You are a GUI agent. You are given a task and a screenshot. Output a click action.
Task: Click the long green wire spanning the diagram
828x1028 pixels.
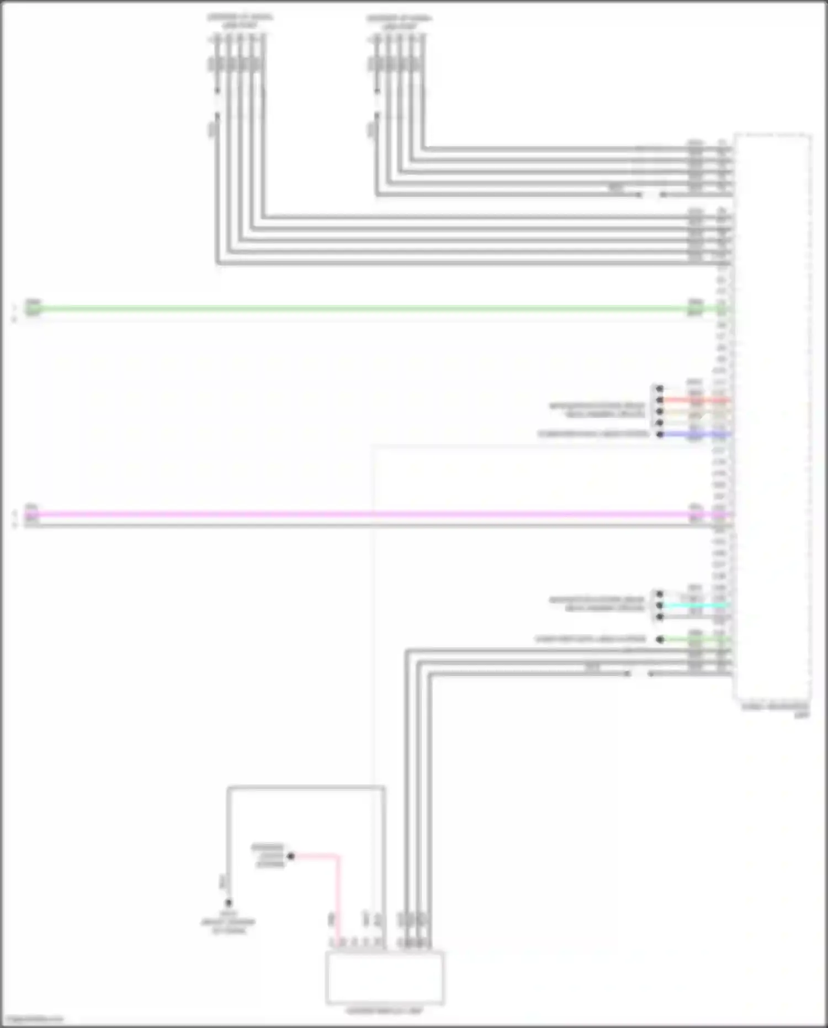coord(359,309)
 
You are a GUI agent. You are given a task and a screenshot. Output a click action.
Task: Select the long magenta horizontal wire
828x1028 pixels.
coord(359,514)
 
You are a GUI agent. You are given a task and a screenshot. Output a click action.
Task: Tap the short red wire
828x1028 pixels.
coord(696,400)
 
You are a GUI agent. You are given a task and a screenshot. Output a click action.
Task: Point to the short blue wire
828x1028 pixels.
coord(696,434)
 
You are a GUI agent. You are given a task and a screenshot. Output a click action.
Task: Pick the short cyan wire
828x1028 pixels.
coord(696,605)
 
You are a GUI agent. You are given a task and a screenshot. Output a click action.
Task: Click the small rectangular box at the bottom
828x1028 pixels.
coord(385,977)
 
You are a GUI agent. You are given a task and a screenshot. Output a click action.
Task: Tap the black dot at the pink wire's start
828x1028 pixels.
coord(291,856)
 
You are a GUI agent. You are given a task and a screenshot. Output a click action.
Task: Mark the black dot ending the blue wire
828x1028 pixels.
coord(660,434)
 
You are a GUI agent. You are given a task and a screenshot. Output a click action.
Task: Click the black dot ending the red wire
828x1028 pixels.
coord(660,400)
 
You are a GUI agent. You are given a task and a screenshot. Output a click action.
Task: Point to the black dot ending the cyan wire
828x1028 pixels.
coord(660,605)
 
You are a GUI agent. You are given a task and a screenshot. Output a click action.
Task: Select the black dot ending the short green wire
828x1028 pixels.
coord(660,639)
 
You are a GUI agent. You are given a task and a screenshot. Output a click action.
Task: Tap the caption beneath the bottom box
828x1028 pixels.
coord(385,1011)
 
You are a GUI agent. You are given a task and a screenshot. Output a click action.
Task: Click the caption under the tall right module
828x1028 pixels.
coord(776,710)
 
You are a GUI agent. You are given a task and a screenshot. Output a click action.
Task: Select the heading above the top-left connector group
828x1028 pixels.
coord(240,21)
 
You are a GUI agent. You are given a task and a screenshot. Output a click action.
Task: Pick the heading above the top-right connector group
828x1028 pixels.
coord(399,21)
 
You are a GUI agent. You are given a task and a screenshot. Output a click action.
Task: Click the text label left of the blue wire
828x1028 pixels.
coord(593,434)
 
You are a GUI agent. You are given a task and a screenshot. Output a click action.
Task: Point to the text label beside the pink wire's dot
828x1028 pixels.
coord(268,856)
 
